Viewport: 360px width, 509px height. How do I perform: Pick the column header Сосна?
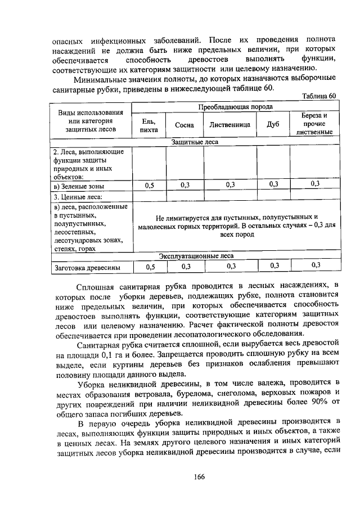184,125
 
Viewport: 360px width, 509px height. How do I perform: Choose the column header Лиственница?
229,125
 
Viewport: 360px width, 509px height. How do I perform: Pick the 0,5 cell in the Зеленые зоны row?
149,185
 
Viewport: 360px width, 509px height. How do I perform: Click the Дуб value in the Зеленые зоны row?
274,184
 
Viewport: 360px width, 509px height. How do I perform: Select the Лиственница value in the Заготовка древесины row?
231,266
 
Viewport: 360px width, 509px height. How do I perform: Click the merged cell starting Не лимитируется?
236,226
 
